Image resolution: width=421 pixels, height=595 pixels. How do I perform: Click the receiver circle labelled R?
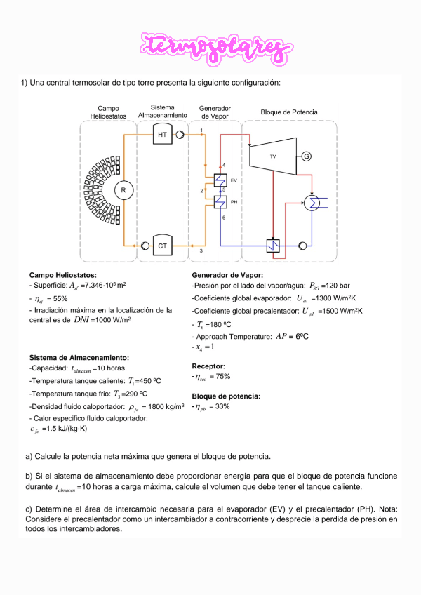(x=124, y=189)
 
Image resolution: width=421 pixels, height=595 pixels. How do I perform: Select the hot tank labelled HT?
(x=162, y=134)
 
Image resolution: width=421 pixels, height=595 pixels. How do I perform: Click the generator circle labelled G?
(x=306, y=156)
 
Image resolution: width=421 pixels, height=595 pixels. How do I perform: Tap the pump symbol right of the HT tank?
(x=180, y=134)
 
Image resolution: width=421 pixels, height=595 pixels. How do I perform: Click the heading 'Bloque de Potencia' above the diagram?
(x=288, y=112)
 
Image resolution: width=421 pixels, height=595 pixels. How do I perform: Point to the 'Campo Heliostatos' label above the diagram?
(x=108, y=112)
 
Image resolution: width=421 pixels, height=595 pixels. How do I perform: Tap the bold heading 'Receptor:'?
(x=208, y=366)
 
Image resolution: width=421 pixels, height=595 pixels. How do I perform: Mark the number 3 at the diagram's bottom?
(x=201, y=250)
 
